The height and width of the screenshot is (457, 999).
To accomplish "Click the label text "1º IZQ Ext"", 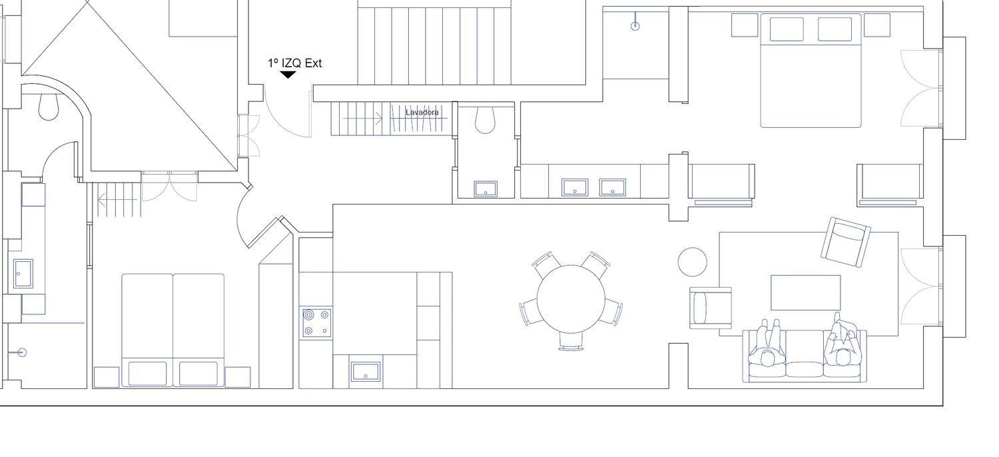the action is pos(295,63).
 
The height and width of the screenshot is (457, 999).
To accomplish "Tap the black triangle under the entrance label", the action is pos(288,75).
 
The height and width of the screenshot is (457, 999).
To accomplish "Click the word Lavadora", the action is pos(422,113).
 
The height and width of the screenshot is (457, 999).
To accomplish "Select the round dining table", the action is pos(571,299).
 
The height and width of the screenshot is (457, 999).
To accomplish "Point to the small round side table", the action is pos(692,262).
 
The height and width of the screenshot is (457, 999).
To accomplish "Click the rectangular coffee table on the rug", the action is pos(806,292).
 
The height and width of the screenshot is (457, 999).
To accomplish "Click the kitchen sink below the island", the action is pos(366,372).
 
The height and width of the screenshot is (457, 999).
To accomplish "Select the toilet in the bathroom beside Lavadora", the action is pos(486,120).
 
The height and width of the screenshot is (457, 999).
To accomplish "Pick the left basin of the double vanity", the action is pos(575,187).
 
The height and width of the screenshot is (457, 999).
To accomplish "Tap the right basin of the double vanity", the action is pos(613,187).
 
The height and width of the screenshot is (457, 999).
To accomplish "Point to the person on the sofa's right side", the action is pos(840,341).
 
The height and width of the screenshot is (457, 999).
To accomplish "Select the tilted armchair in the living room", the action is pos(846,242).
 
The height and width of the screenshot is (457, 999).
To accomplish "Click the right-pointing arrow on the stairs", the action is pos(362,119).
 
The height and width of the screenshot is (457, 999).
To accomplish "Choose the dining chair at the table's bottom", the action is pos(571,341).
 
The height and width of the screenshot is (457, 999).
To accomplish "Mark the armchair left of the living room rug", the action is pos(711,308).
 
